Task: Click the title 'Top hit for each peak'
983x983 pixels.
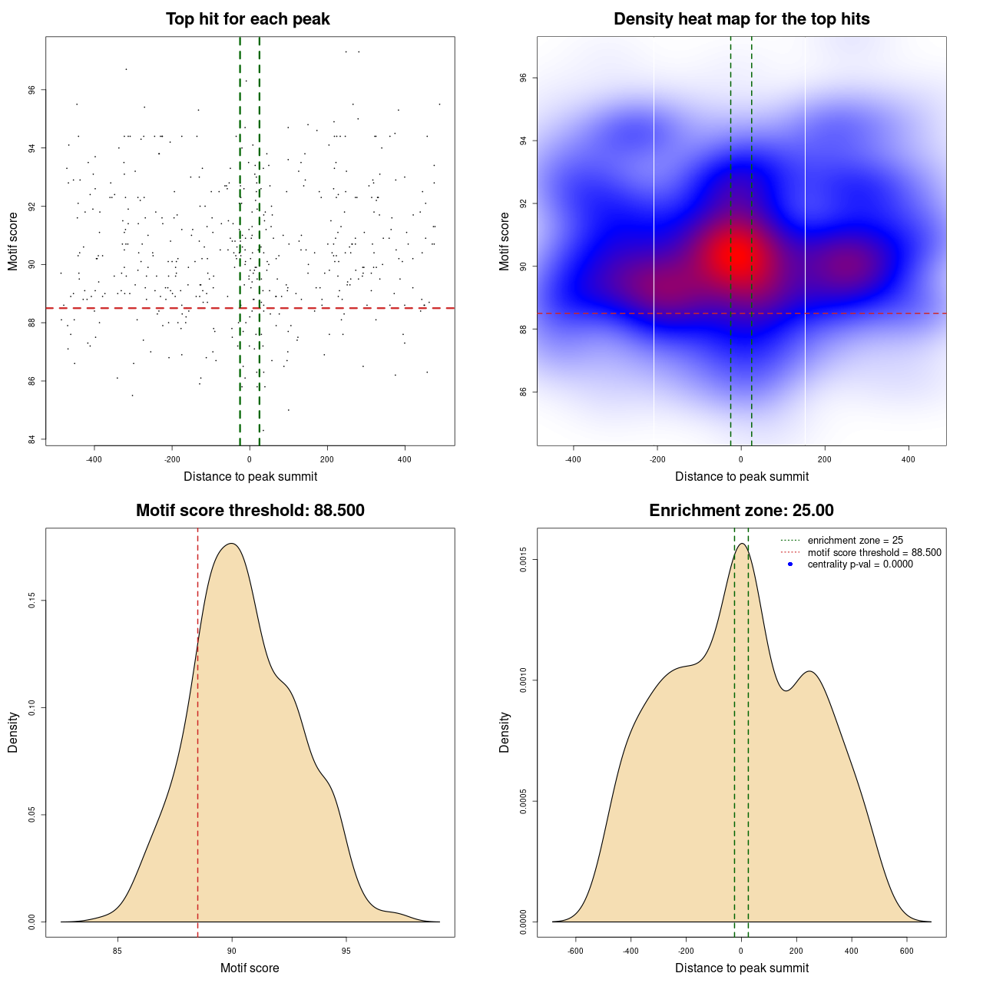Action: coord(248,19)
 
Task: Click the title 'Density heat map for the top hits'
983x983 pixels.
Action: coord(741,19)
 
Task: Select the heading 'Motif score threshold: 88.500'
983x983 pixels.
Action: coord(250,511)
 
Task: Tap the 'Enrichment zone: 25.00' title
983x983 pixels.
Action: coord(741,511)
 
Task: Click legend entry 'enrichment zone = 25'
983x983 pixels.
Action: coord(855,541)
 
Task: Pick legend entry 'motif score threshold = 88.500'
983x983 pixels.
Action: coord(874,552)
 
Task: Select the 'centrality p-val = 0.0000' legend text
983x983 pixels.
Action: coord(860,564)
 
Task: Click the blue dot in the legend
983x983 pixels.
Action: coord(790,564)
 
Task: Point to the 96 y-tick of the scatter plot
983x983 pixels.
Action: coord(32,90)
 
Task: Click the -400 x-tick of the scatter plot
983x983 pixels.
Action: coord(94,459)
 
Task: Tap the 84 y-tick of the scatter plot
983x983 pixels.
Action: coord(32,439)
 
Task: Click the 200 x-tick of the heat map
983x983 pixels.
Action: coord(825,459)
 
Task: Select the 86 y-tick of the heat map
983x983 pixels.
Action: coord(524,392)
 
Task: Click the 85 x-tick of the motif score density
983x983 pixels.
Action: coord(117,951)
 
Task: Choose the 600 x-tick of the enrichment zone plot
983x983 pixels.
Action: coord(907,951)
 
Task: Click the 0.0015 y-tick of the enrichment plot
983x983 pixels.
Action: coord(524,560)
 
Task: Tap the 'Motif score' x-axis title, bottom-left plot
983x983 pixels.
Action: coord(250,968)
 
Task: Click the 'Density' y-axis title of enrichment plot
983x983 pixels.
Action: coord(505,732)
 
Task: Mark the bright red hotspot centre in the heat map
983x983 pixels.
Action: coord(737,255)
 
